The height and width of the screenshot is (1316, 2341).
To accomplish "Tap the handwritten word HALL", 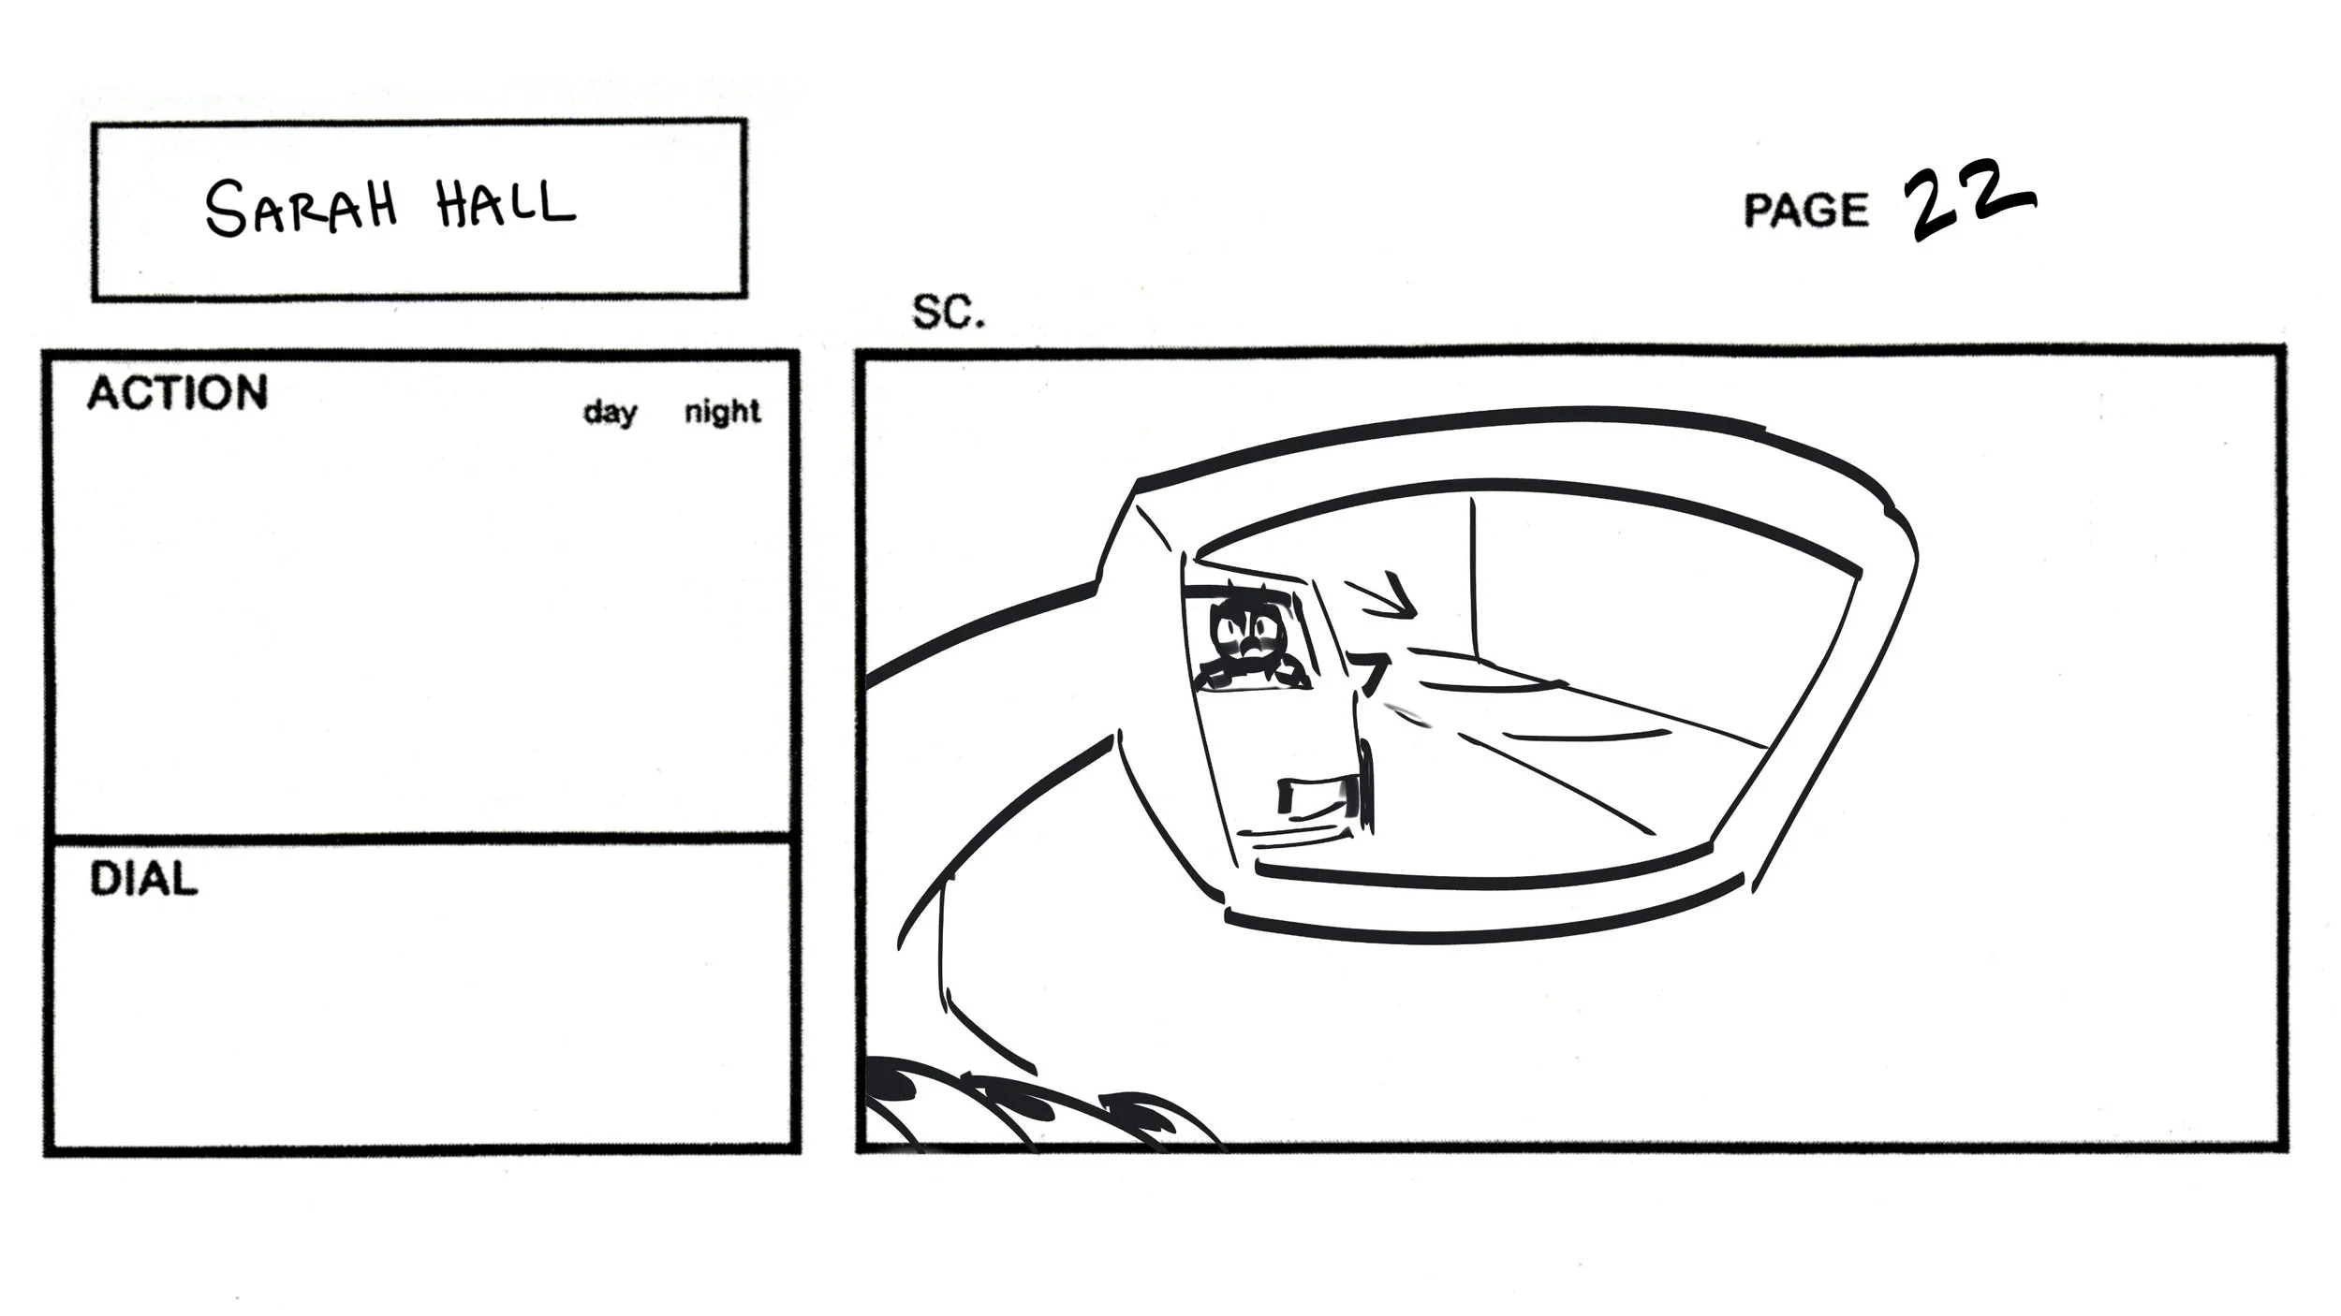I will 506,203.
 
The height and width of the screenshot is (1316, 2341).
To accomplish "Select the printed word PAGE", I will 1805,210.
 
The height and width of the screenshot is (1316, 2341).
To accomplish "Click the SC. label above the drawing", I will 948,313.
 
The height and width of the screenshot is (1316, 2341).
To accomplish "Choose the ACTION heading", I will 177,393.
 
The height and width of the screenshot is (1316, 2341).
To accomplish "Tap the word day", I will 610,412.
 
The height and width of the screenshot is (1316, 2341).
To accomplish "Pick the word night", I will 722,412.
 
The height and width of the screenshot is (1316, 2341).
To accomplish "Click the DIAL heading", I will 143,880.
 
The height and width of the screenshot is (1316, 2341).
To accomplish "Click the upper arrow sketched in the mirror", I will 1384,599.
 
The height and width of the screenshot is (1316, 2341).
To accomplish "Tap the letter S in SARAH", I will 225,209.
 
